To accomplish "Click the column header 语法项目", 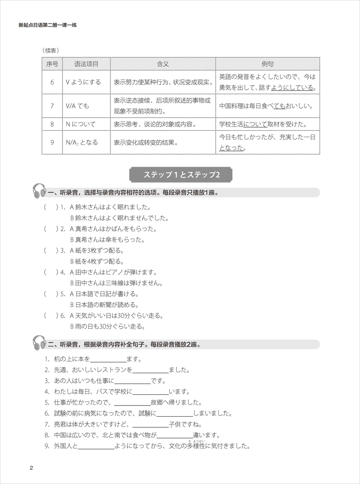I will [86, 64].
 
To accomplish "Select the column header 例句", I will [268, 64].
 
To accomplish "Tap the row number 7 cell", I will [52, 106].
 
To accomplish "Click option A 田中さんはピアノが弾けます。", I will [113, 272].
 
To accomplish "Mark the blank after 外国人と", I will [96, 446].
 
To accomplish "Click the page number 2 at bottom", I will [32, 468].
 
